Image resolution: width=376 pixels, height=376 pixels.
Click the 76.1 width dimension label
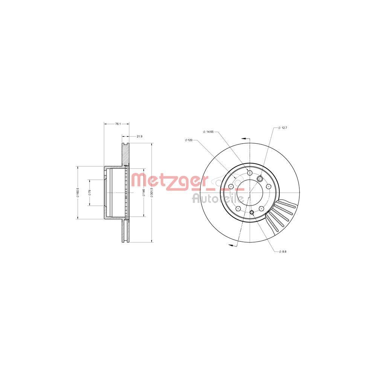pos(117,123)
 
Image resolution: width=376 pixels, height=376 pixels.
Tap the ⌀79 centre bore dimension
pos(90,193)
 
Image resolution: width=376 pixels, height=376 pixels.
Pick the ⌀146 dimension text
pos(144,193)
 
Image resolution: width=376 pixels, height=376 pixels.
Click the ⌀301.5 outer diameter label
pos(152,193)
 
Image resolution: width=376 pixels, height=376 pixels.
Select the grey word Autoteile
pos(218,198)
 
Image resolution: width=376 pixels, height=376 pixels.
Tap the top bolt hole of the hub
pos(250,173)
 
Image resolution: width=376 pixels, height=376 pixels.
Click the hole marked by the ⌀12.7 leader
pos(259,178)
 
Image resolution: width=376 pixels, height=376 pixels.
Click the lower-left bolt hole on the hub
pos(238,209)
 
